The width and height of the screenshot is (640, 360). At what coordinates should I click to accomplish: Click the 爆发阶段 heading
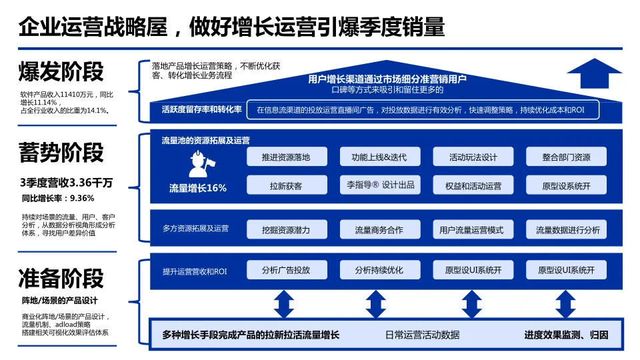tap(62, 71)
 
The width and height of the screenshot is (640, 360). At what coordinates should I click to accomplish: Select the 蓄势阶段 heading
tap(62, 153)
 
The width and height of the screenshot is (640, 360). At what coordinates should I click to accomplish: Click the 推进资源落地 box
tap(286, 157)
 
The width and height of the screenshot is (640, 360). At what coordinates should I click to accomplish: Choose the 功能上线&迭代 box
tap(379, 157)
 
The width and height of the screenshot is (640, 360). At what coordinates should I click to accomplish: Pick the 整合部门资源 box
tap(566, 157)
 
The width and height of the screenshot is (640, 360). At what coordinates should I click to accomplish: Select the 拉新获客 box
tap(286, 185)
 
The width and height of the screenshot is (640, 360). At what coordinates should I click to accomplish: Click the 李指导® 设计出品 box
tap(379, 185)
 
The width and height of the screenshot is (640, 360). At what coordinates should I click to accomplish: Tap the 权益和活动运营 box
tap(473, 185)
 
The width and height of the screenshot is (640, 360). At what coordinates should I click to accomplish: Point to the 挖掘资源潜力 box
tap(286, 230)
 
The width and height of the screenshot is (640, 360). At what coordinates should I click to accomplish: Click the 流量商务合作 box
tap(379, 230)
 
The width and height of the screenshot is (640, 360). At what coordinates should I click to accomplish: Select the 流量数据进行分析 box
tap(567, 230)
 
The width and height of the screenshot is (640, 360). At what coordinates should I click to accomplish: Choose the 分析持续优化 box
tap(379, 270)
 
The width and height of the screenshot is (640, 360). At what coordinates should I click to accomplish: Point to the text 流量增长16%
tap(198, 188)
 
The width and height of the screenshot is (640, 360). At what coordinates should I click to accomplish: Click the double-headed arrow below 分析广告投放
tap(284, 304)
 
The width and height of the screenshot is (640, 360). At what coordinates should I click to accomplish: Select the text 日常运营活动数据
tap(423, 335)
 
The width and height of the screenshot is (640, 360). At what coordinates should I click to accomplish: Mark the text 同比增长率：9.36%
tap(58, 198)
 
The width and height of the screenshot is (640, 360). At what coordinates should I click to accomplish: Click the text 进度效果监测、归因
tap(566, 335)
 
